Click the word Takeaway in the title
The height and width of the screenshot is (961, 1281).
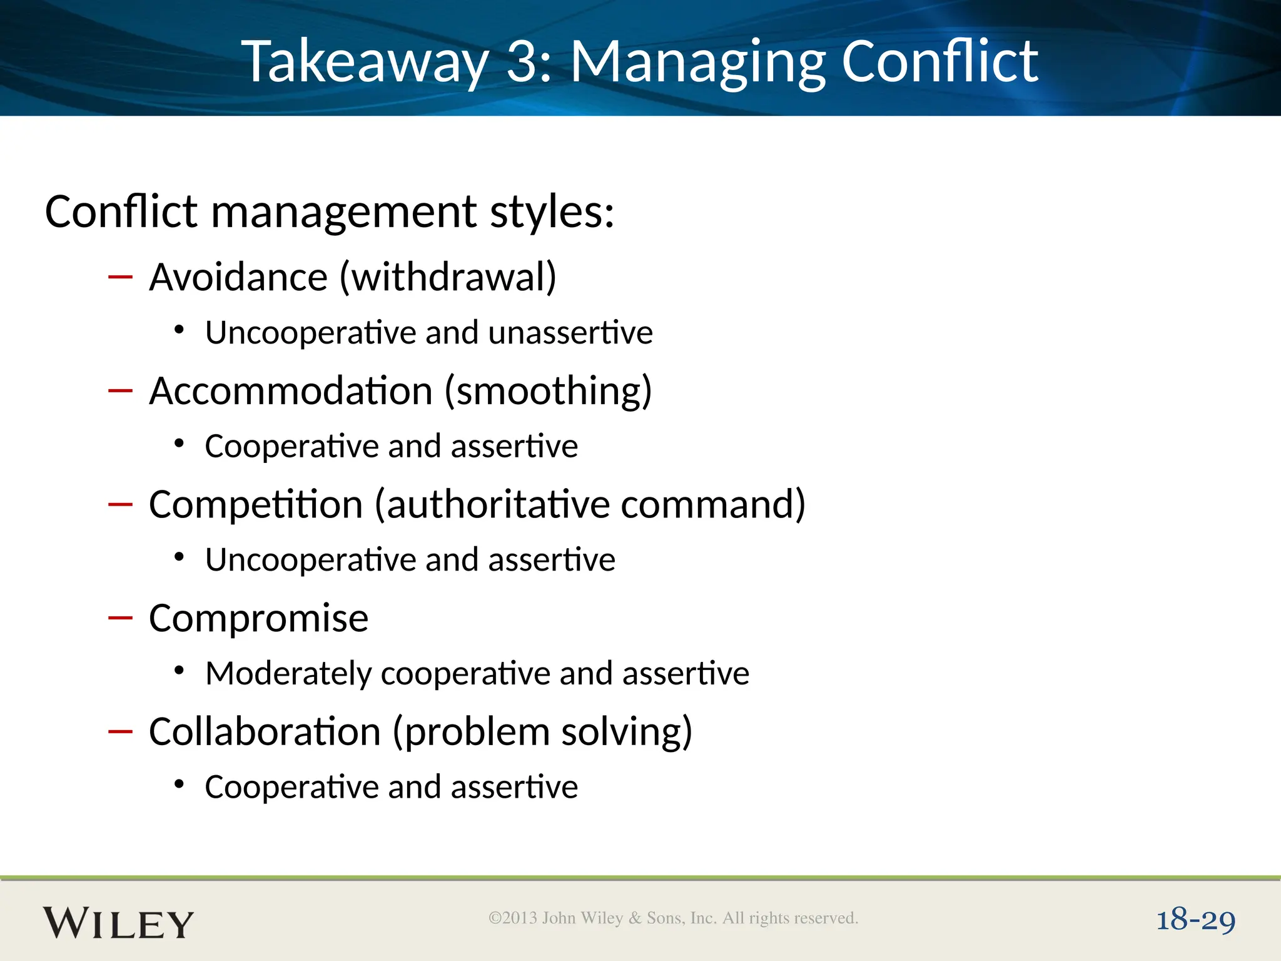(x=365, y=62)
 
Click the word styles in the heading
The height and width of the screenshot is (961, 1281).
(x=551, y=211)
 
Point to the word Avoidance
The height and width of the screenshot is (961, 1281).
(x=238, y=277)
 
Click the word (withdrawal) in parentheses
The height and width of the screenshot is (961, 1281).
(x=448, y=277)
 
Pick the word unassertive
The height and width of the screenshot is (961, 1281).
(x=570, y=332)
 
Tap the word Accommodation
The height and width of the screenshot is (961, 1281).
(x=291, y=391)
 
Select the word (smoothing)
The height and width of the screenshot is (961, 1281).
(x=548, y=391)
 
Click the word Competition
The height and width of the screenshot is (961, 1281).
(x=256, y=504)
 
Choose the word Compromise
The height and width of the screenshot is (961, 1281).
(x=258, y=618)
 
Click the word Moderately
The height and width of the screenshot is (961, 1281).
(x=288, y=674)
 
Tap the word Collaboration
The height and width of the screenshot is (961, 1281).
(x=265, y=731)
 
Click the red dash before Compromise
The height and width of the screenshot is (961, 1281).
(x=120, y=618)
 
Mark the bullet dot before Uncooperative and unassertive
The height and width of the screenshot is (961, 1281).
(x=180, y=330)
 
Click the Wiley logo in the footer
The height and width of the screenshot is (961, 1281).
(x=118, y=923)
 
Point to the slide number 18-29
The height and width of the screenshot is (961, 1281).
(x=1195, y=920)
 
